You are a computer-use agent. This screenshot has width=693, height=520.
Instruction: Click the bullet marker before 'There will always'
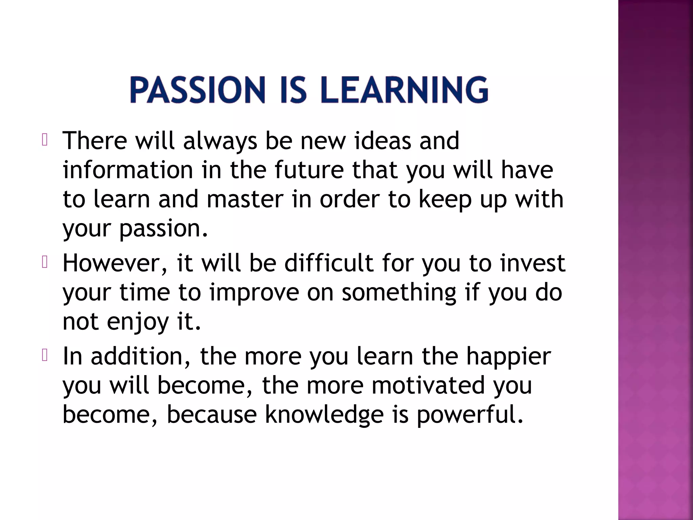44,140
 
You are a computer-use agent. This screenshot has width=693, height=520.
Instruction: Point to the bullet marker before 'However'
44,262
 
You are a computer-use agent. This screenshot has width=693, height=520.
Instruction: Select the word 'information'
128,170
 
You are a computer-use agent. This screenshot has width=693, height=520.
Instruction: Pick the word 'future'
309,170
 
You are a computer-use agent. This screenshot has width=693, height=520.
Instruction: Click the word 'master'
245,199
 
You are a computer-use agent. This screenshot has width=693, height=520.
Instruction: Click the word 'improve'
254,292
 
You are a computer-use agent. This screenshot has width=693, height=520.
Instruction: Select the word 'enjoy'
138,322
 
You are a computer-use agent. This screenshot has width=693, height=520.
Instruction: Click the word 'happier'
509,356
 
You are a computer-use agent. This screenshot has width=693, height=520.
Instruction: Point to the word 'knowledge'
324,415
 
